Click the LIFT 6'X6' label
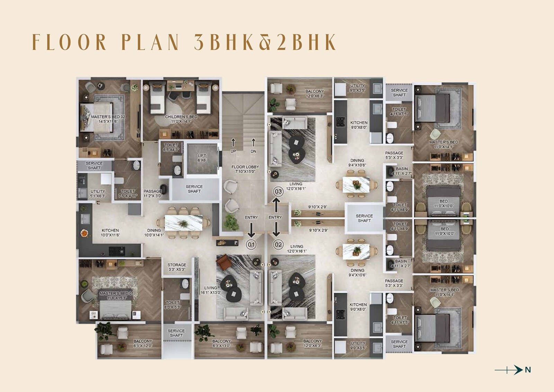tap(202, 158)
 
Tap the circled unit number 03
tap(278, 192)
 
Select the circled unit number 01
tap(251, 245)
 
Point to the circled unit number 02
tap(278, 245)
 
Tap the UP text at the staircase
tap(233, 151)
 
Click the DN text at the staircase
tap(253, 151)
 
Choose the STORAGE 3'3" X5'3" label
tap(177, 267)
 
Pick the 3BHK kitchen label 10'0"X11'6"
tap(110, 233)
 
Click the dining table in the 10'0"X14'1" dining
tap(184, 223)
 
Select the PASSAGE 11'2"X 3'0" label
tap(153, 193)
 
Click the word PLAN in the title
tap(151, 42)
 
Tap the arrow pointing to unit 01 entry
tap(251, 230)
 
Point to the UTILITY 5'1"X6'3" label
tap(98, 193)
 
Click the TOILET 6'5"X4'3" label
tap(171, 147)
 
